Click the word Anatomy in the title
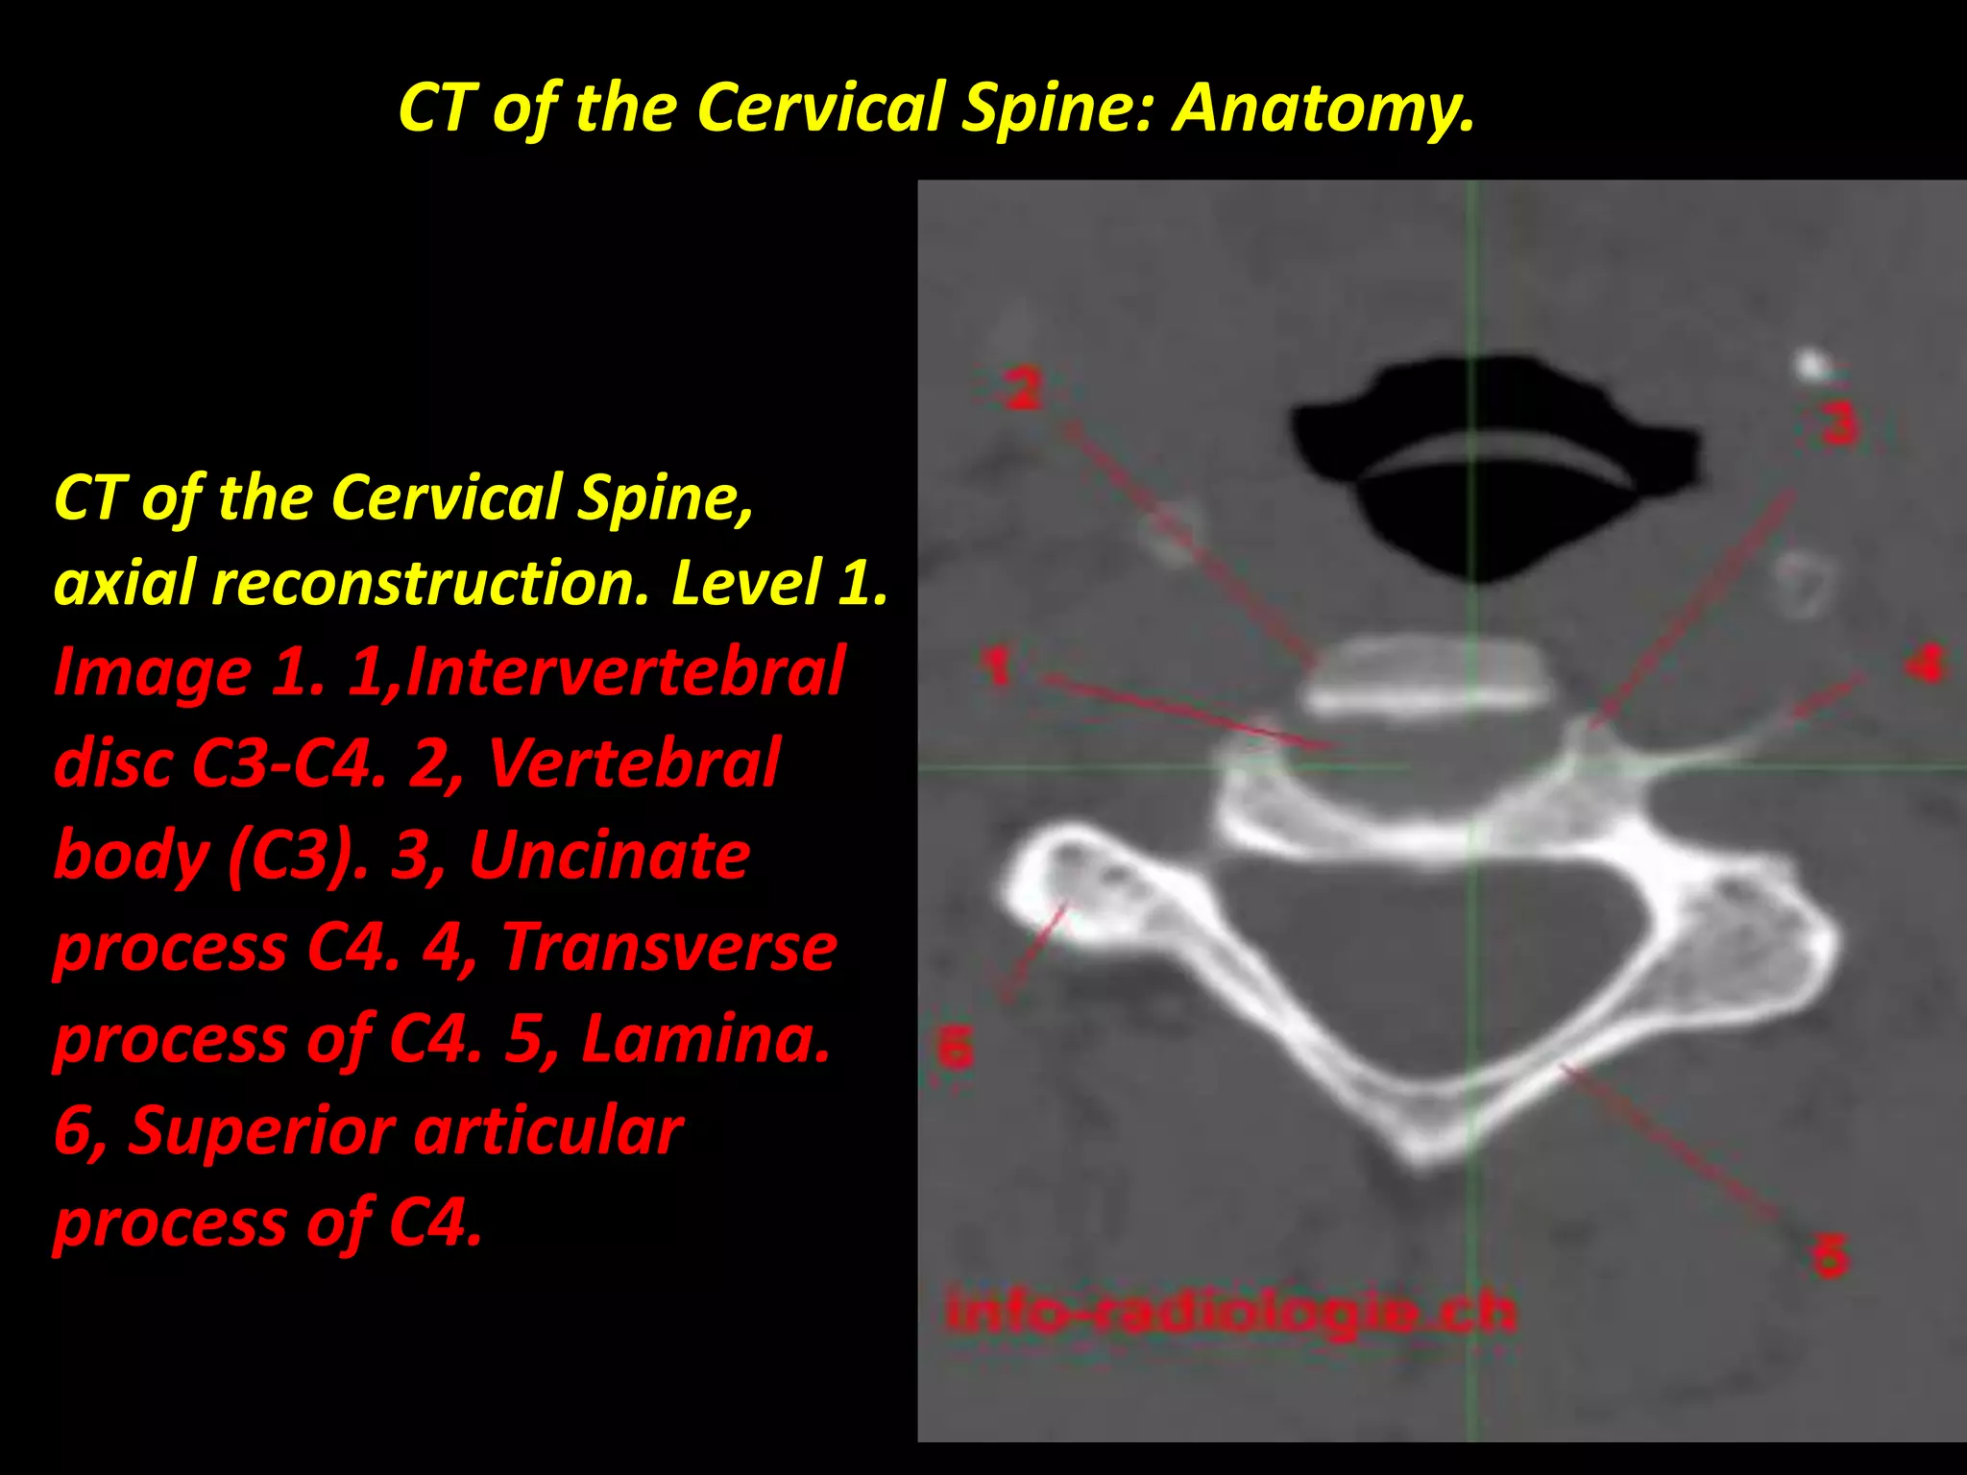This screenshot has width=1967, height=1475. pos(1323,108)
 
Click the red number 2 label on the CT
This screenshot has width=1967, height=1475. pos(1023,389)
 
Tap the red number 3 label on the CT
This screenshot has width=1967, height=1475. pos(1839,423)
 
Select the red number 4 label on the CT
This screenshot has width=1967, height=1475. pos(1926,663)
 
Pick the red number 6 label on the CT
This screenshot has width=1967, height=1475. pos(955,1047)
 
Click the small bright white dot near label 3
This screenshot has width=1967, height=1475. pos(1810,364)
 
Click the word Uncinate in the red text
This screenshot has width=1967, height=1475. pos(609,855)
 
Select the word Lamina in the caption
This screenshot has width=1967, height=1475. pos(705,1039)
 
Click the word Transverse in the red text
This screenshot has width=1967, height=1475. pos(669,947)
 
